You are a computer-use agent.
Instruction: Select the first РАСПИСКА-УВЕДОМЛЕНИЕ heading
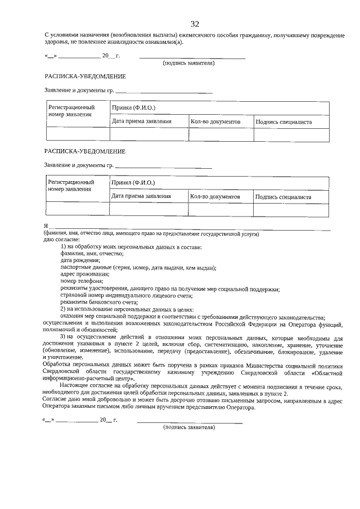click(85, 76)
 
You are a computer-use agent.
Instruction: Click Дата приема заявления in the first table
click(141, 121)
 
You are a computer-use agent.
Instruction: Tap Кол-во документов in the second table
click(215, 197)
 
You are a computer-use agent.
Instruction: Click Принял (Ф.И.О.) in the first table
click(133, 107)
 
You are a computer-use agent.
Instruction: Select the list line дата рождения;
click(80, 260)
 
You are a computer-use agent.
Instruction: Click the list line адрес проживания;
click(85, 274)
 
